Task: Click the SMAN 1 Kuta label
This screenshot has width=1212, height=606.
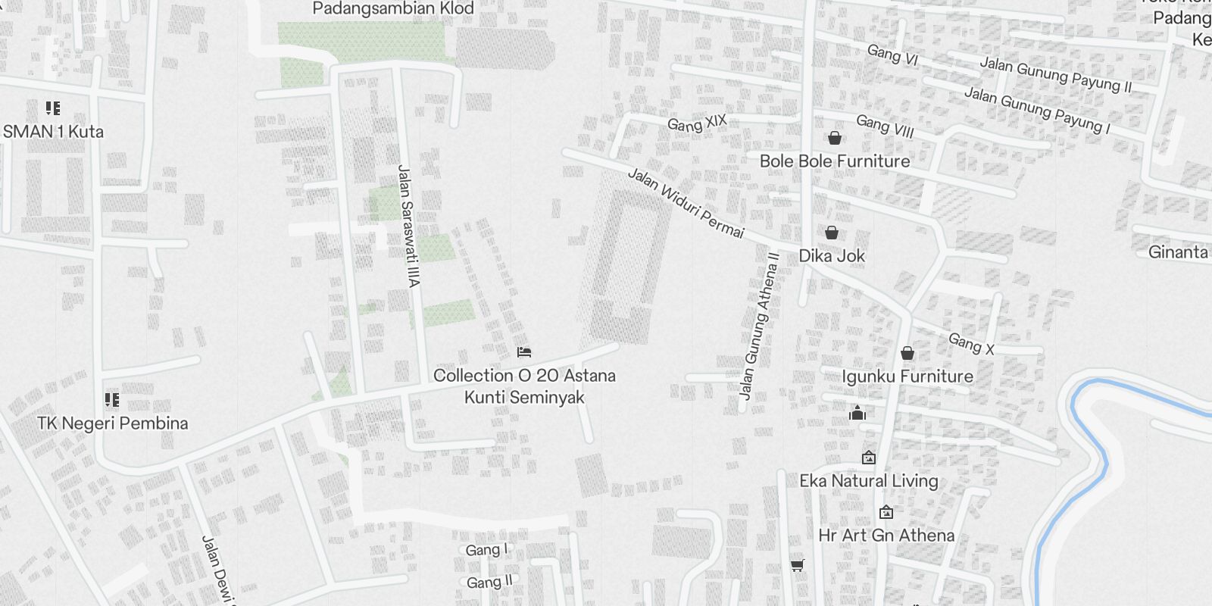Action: coord(53,132)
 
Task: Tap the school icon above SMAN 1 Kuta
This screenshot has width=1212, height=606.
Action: coord(52,108)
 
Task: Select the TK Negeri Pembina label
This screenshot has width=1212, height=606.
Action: coord(112,423)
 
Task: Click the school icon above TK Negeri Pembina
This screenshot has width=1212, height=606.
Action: coord(112,399)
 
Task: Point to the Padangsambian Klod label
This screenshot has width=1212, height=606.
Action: coord(392,9)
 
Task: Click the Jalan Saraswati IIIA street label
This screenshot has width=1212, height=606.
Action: coord(408,226)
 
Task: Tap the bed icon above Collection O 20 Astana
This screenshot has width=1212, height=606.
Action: coord(523,352)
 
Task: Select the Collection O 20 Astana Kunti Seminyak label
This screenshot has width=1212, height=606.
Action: coord(524,386)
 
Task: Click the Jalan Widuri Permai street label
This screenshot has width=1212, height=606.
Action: coord(686,202)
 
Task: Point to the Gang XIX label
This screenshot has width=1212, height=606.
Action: coord(697,123)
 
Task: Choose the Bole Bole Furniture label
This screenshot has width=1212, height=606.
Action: coord(835,161)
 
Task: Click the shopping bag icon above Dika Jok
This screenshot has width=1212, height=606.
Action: coord(832,233)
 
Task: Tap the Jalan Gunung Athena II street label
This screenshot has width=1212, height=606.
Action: coord(759,326)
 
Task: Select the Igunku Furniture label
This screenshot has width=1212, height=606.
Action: coord(907,376)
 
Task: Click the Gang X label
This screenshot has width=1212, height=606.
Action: coord(971,344)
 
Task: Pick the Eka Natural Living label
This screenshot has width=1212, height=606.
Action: coord(869,481)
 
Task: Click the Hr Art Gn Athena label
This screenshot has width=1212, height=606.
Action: coord(886,536)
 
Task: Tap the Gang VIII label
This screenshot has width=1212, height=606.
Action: coord(885,127)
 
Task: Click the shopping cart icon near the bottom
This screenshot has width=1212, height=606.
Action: coord(797,565)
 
